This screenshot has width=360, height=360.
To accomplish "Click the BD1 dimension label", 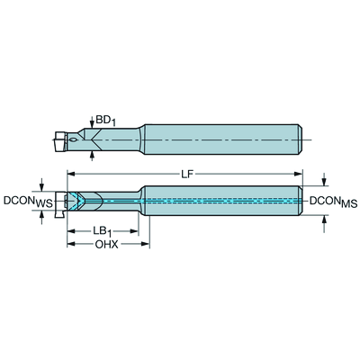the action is pyautogui.click(x=105, y=121).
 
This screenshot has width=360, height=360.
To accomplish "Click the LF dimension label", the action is pyautogui.click(x=188, y=175).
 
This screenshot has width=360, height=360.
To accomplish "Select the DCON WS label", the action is pyautogui.click(x=28, y=202).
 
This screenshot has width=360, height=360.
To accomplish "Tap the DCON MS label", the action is pyautogui.click(x=333, y=202).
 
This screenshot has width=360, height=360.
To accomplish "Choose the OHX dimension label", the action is pyautogui.click(x=107, y=245).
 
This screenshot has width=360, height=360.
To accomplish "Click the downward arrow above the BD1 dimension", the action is pyautogui.click(x=92, y=122).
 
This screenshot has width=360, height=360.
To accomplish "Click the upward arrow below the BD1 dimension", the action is pyautogui.click(x=93, y=156).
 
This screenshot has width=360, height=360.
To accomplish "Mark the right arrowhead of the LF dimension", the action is pyautogui.click(x=299, y=174).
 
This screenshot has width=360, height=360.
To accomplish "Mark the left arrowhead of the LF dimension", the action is pyautogui.click(x=71, y=174).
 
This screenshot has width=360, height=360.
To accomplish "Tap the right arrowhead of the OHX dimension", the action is pyautogui.click(x=146, y=244).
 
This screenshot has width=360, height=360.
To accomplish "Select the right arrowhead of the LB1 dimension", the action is pyautogui.click(x=134, y=231).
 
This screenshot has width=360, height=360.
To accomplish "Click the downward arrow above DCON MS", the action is pyautogui.click(x=323, y=179).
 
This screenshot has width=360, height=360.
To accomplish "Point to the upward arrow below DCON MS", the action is pyautogui.click(x=324, y=224).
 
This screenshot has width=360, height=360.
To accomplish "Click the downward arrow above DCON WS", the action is pyautogui.click(x=41, y=184).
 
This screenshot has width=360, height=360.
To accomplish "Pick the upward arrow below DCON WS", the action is pyautogui.click(x=41, y=217).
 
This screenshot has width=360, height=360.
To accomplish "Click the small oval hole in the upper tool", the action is pyautogui.click(x=72, y=139).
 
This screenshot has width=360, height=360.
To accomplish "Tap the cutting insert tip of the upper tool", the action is pyautogui.click(x=60, y=140).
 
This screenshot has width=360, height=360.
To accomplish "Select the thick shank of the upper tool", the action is pyautogui.click(x=223, y=139).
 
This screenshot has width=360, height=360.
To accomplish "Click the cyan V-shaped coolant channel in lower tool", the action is pyautogui.click(x=78, y=201).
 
